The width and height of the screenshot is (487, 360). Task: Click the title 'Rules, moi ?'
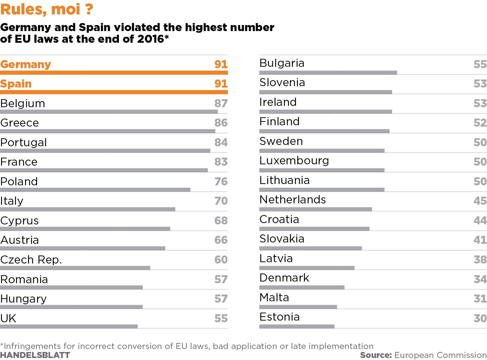(47, 9)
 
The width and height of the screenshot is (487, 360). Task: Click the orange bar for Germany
(114, 72)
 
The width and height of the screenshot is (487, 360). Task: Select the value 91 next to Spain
(221, 83)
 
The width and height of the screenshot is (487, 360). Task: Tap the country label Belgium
(23, 104)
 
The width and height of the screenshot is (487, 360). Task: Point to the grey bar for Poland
(95, 190)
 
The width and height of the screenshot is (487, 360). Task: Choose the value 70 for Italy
(221, 201)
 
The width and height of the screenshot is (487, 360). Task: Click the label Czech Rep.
(31, 260)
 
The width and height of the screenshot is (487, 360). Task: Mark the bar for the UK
(69, 326)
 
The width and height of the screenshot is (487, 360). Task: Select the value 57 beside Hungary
(221, 299)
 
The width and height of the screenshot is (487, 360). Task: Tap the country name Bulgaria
(282, 63)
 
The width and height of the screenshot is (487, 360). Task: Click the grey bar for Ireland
(326, 112)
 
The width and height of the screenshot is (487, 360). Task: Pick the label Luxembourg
(294, 161)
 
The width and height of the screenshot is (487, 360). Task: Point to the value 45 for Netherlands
(480, 201)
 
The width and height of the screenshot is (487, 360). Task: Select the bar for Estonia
(297, 326)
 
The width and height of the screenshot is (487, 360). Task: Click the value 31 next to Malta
(480, 299)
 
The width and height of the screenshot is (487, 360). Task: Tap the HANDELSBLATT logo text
(35, 355)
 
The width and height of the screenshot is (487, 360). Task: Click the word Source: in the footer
(376, 355)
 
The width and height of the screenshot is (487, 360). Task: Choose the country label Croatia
(279, 219)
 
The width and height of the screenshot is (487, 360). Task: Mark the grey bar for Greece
(108, 131)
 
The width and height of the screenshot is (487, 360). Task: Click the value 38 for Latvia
(480, 259)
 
